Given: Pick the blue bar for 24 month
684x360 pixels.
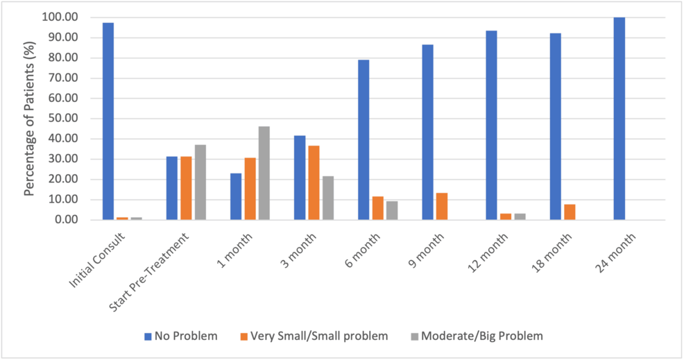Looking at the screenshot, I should click(619, 119).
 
